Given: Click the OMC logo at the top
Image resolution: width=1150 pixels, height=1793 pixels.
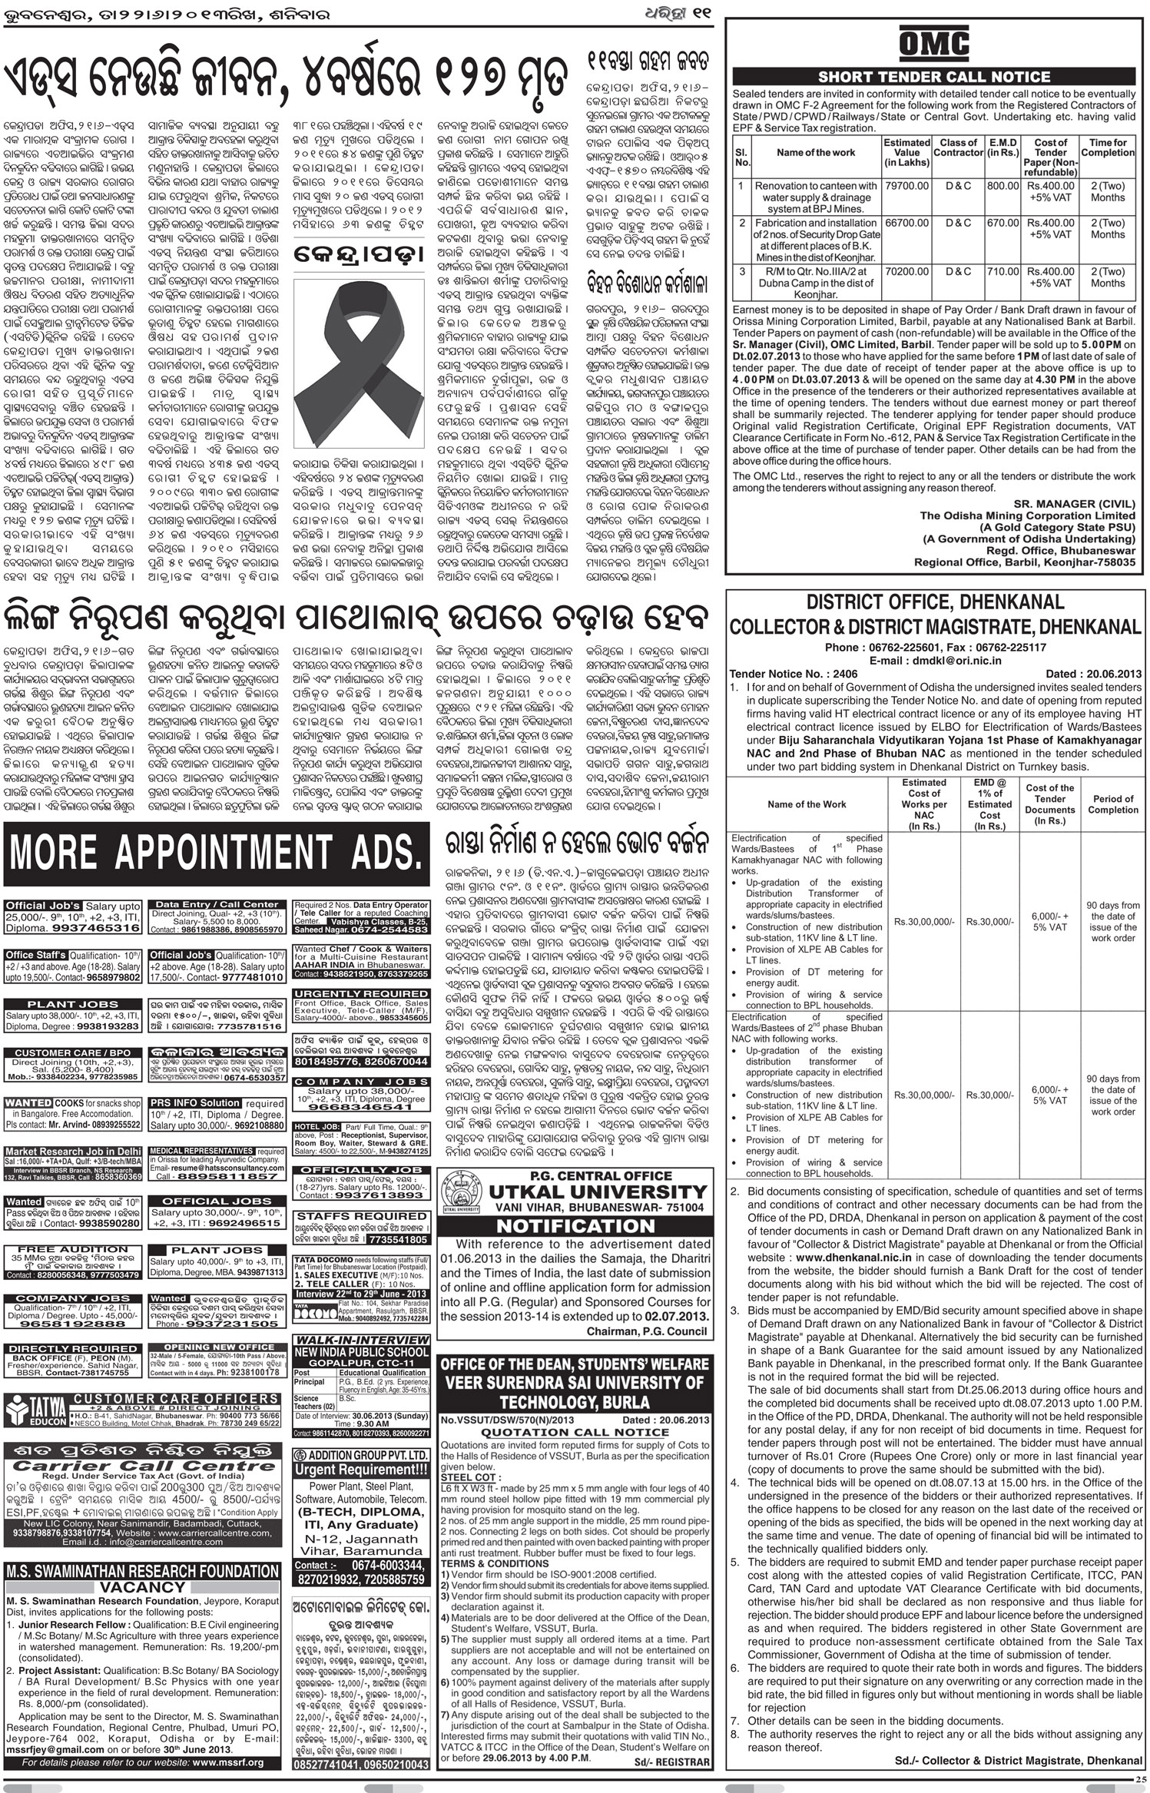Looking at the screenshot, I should (933, 44).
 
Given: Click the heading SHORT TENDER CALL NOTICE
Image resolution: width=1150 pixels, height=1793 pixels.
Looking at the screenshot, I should (933, 77).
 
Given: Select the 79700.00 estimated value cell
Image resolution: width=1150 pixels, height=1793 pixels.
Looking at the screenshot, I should (906, 186).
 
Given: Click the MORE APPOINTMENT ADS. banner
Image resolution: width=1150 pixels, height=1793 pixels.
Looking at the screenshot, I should (217, 852).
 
